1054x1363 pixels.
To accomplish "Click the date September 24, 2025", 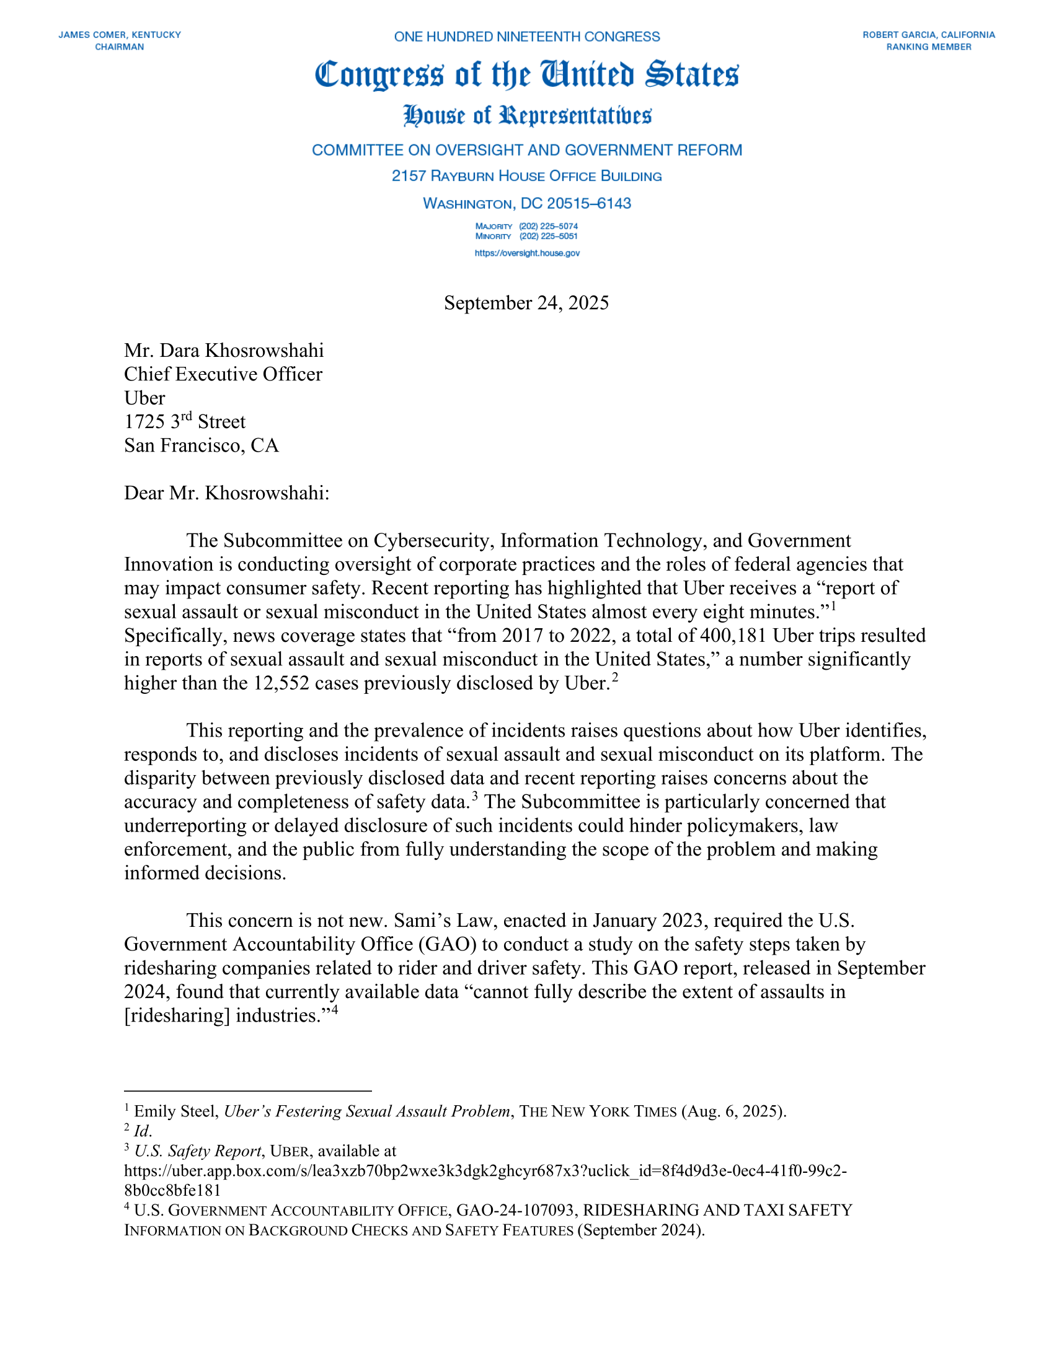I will [526, 303].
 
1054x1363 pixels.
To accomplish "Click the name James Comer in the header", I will [93, 35].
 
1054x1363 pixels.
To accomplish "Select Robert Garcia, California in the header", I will [929, 35].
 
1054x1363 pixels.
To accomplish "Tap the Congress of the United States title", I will [526, 75].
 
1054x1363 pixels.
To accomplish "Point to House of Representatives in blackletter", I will [526, 116].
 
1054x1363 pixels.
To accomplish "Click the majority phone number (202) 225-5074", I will [548, 226].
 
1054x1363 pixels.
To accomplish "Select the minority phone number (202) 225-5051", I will [548, 237].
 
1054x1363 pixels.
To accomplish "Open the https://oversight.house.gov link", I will [526, 253].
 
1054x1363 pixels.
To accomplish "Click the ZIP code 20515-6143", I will [589, 203].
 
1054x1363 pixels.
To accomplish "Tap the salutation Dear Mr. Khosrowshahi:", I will [227, 493].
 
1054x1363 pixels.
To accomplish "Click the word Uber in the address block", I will [144, 398].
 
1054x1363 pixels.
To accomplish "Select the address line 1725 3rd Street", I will [185, 422].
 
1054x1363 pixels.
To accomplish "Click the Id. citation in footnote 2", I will [143, 1131].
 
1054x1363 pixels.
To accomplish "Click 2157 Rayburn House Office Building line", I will [526, 177].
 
